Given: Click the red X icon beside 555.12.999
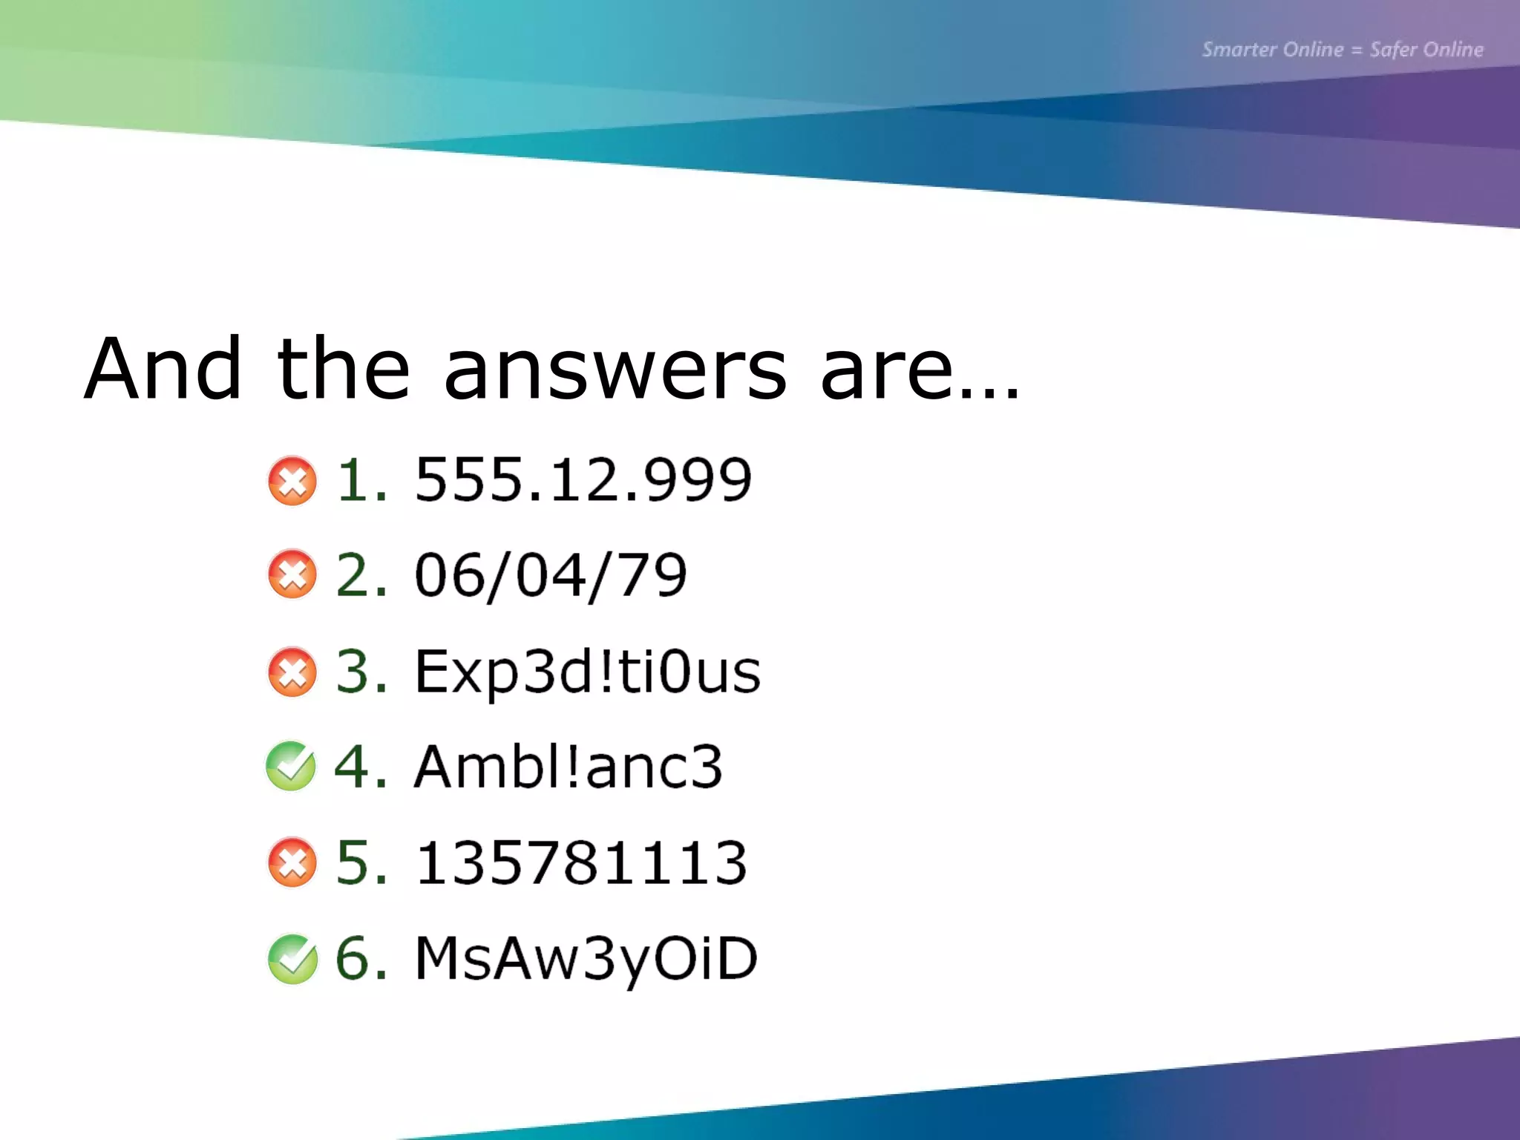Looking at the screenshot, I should coord(292,481).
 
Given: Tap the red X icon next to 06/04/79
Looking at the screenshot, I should coord(292,574).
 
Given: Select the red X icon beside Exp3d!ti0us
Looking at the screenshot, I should coord(292,672).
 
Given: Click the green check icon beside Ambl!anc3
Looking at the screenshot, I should coord(291,767).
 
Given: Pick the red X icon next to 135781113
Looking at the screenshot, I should coord(292,862).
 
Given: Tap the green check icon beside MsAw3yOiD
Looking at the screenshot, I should coord(292,959).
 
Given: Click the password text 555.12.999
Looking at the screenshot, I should coord(583,480).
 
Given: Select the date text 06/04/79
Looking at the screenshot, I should coord(551,575).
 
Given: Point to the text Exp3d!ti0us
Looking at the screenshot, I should coord(587,672).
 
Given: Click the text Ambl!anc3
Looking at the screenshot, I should coord(568,767).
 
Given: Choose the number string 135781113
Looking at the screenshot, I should coord(581,862).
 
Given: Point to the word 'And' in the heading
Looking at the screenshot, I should coord(163,369).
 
